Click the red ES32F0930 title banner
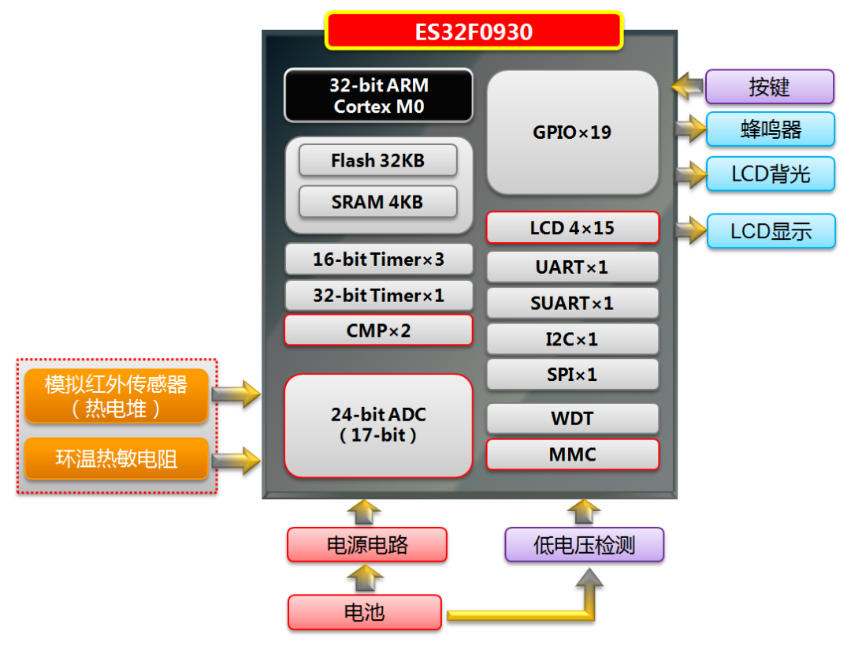coord(474,32)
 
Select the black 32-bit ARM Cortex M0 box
coord(378,95)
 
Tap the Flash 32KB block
coord(377,161)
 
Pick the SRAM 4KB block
coord(377,202)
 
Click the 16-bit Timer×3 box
coord(378,260)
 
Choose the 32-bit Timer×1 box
coord(378,296)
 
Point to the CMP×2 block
coord(378,330)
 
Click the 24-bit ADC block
coord(378,425)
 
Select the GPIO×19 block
coord(572,133)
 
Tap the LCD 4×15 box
coord(572,229)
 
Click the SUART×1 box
coord(572,303)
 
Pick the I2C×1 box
coord(572,339)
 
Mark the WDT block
coord(572,419)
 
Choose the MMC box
coord(572,455)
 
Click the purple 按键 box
coord(769,87)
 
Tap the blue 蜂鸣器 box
coord(770,129)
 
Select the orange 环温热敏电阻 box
coord(117,459)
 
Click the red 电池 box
coord(365,613)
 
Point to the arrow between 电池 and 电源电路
coord(365,579)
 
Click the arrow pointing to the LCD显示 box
coord(690,230)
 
